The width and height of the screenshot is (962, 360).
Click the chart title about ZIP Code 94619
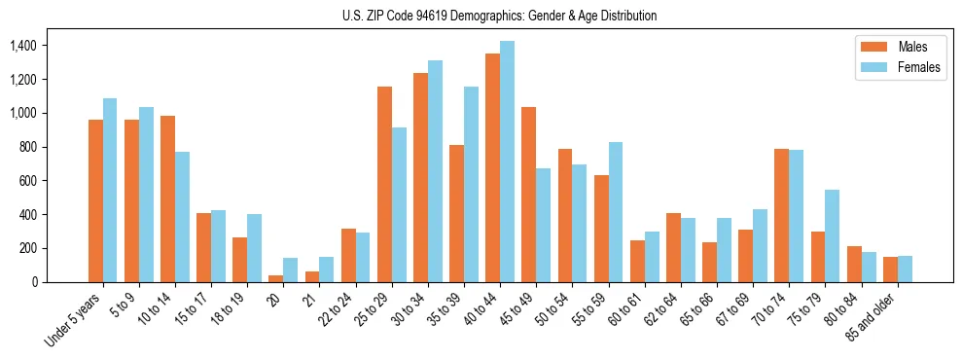click(x=499, y=16)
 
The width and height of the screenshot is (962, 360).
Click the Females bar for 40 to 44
click(x=507, y=162)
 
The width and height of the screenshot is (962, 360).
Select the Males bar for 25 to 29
click(x=384, y=185)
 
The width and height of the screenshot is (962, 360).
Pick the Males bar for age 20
click(x=276, y=278)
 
